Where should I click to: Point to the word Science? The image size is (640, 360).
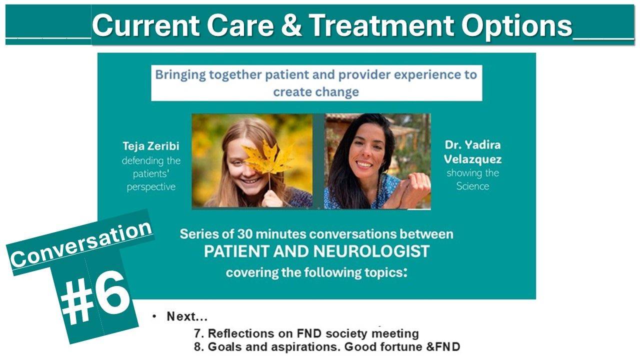click(x=472, y=186)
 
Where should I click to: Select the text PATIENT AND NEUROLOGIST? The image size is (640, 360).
click(x=316, y=251)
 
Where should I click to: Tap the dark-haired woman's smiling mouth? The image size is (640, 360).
click(x=364, y=163)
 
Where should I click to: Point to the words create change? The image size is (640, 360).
click(x=316, y=91)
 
